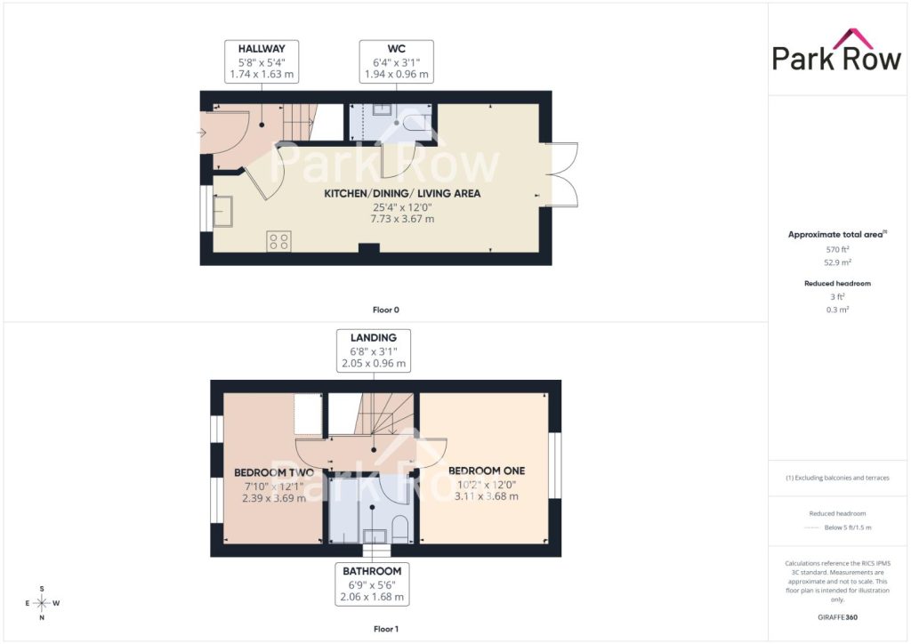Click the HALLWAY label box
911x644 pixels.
[x=262, y=61]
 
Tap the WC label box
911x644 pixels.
[x=396, y=61]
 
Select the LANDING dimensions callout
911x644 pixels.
[x=374, y=350]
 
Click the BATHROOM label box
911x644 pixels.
[x=372, y=584]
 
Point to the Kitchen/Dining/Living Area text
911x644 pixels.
[x=402, y=193]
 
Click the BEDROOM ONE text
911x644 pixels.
[x=487, y=471]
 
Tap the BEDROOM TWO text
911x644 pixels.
[x=274, y=472]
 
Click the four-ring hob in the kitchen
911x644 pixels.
[x=278, y=241]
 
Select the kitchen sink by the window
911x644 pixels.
[x=223, y=212]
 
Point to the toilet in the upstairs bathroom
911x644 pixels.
[x=400, y=529]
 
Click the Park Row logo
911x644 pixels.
[x=836, y=51]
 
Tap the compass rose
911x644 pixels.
[x=42, y=603]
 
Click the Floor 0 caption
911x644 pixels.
[x=386, y=310]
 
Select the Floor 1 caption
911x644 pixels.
[x=386, y=629]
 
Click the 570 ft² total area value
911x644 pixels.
[x=837, y=249]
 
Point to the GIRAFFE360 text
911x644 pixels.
[x=837, y=617]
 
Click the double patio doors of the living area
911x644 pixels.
[x=561, y=174]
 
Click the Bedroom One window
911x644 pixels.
[x=555, y=465]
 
